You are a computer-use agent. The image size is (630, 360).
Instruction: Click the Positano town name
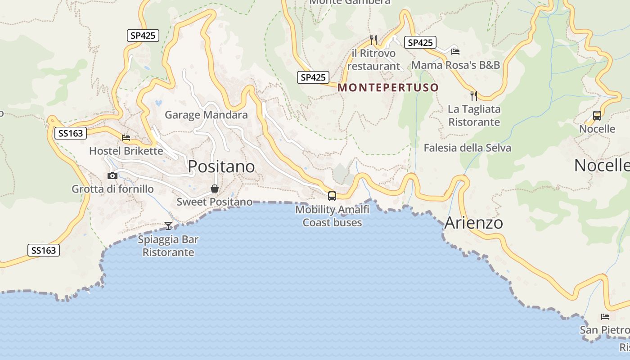[221, 166]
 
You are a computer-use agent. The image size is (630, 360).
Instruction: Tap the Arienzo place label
[473, 223]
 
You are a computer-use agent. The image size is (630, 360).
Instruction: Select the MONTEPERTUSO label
[388, 87]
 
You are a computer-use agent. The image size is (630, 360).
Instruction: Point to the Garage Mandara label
[206, 115]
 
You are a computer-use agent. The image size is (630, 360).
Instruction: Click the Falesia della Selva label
[467, 148]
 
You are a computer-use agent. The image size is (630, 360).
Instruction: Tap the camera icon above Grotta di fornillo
[112, 175]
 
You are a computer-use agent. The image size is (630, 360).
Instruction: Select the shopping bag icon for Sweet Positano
[215, 189]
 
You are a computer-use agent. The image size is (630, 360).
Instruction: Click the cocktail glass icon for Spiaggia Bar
[168, 225]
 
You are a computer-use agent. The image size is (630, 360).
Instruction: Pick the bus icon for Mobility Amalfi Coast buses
[332, 196]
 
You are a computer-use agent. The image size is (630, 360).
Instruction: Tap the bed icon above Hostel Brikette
[126, 137]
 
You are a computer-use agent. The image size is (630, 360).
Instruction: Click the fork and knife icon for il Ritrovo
[373, 40]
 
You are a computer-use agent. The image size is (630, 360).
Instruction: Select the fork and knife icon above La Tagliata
[474, 95]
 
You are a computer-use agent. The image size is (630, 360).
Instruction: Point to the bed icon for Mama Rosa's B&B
[455, 51]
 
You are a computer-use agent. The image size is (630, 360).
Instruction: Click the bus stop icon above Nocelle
[597, 116]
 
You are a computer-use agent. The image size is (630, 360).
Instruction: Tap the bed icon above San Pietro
[605, 317]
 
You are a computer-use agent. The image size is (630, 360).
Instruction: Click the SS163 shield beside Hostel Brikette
[70, 133]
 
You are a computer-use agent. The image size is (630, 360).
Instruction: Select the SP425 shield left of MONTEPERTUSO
[313, 77]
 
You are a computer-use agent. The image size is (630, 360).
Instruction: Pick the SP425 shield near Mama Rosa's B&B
[420, 43]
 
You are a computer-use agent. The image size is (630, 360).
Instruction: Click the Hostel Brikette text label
[126, 151]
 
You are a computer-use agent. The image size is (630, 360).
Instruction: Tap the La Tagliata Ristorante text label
[474, 116]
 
